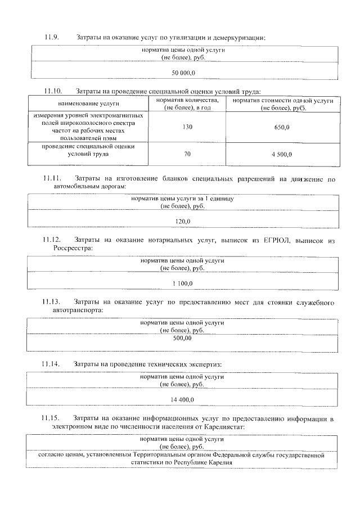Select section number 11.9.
pos(52,38)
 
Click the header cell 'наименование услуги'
pos(88,104)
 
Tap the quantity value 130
pos(187,127)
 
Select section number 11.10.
pos(53,91)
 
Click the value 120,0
pos(183,221)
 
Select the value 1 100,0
pos(183,283)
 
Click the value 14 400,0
pos(183,399)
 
